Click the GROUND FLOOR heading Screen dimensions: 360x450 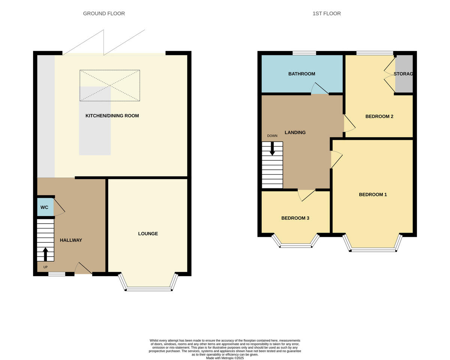104,13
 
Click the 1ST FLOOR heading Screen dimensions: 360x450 327,13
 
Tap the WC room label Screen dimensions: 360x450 44,208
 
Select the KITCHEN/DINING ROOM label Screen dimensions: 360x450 112,116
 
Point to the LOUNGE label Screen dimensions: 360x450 148,234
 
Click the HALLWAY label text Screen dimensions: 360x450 71,240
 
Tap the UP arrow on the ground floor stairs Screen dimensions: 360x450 45,254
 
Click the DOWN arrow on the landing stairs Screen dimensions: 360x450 272,148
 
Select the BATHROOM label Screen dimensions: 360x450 301,74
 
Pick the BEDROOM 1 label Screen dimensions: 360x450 373,194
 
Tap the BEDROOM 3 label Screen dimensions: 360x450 295,218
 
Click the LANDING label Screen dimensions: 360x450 295,132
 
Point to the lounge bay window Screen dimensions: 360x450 148,288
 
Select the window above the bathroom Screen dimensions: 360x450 304,53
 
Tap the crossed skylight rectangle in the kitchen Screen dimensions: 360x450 109,85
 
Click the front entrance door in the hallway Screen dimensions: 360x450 83,269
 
